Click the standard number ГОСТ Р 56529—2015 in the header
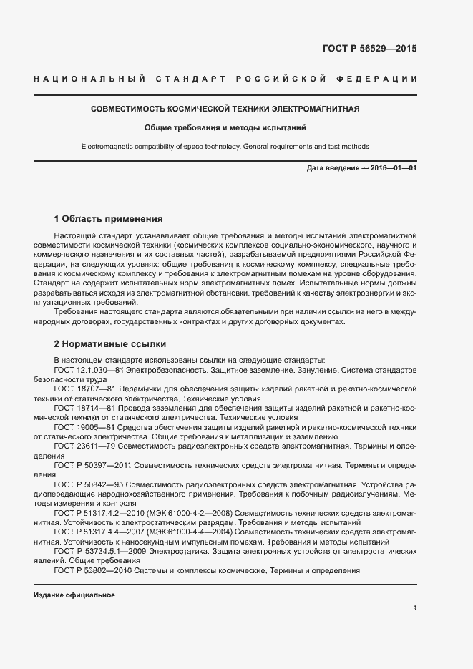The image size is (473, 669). coord(370,49)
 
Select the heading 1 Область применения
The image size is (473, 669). coord(108,218)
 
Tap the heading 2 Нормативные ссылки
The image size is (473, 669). coord(109,343)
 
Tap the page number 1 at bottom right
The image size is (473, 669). coord(414,608)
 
